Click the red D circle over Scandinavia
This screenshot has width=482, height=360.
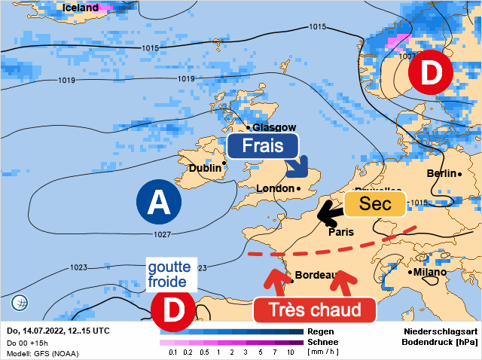pyautogui.click(x=430, y=74)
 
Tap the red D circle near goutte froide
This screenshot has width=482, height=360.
pyautogui.click(x=173, y=310)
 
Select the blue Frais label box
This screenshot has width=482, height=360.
pyautogui.click(x=263, y=145)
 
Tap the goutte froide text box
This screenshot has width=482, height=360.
pyautogui.click(x=169, y=274)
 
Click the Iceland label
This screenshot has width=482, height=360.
pyautogui.click(x=80, y=8)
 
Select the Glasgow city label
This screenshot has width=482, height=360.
pyautogui.click(x=273, y=127)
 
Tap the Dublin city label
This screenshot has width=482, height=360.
pyautogui.click(x=205, y=168)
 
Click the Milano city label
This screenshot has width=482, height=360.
pyautogui.click(x=429, y=272)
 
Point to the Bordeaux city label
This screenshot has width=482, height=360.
pyautogui.click(x=315, y=275)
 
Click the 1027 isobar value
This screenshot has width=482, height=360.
pyautogui.click(x=162, y=234)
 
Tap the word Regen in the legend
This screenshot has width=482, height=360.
pyautogui.click(x=321, y=331)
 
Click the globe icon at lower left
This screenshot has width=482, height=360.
pyautogui.click(x=20, y=304)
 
